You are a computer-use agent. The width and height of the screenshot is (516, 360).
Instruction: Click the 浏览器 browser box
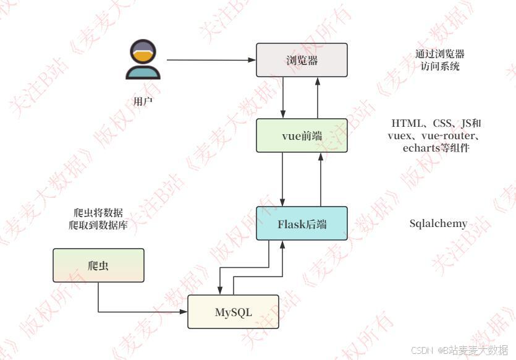[302, 60]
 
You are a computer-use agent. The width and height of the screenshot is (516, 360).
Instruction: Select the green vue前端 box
[302, 135]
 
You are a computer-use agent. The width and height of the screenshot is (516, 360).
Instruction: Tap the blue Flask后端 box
[302, 223]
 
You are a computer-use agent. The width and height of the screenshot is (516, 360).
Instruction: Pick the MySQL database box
[233, 312]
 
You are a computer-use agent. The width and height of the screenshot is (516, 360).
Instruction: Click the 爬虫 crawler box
[98, 265]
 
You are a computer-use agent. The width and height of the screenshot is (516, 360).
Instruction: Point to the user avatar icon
[143, 60]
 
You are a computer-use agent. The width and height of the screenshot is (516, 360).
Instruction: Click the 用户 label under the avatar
[143, 101]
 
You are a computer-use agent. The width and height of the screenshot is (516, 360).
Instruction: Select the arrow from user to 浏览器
[210, 60]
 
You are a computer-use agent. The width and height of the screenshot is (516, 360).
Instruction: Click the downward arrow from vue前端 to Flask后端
[283, 179]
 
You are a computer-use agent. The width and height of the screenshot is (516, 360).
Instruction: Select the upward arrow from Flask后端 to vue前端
[321, 179]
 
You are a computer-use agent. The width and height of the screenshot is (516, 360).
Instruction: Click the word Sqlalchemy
[438, 223]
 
